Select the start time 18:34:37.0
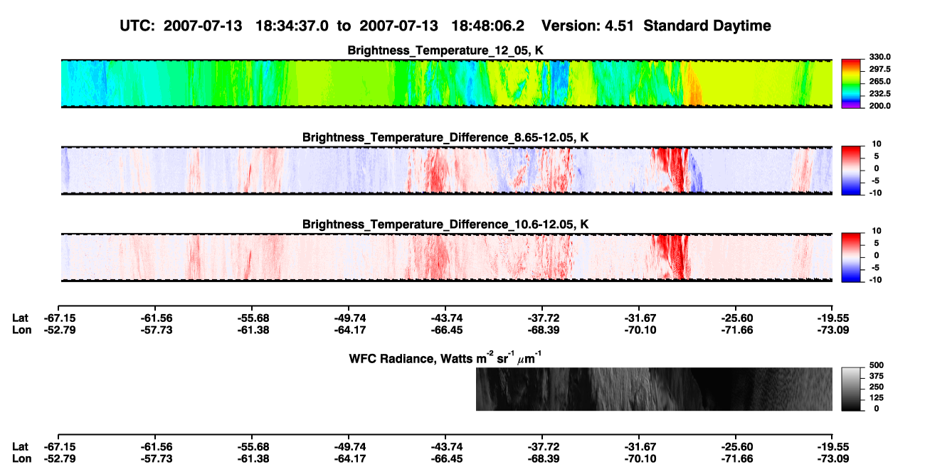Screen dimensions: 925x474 pyautogui.click(x=292, y=26)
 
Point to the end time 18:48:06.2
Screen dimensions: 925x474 pyautogui.click(x=487, y=26)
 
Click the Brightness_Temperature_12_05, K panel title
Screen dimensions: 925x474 pyautogui.click(x=445, y=50)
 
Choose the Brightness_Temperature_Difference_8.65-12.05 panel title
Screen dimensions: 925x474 pyautogui.click(x=445, y=137)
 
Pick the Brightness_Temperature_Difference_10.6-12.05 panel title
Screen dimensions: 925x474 pyautogui.click(x=445, y=225)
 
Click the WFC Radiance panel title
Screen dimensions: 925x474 pyautogui.click(x=445, y=358)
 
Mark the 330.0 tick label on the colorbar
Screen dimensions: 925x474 pyautogui.click(x=879, y=57)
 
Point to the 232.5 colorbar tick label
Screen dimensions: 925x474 pyautogui.click(x=879, y=94)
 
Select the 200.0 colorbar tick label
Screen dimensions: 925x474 pyautogui.click(x=879, y=106)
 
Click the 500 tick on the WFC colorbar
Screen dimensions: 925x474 pyautogui.click(x=877, y=365)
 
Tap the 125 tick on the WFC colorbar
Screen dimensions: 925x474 pyautogui.click(x=877, y=398)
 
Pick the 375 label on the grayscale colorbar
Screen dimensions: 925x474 pyautogui.click(x=877, y=376)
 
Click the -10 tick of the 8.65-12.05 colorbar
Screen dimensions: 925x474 pyautogui.click(x=875, y=193)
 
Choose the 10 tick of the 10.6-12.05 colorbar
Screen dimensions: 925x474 pyautogui.click(x=877, y=231)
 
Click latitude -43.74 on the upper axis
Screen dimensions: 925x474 pyautogui.click(x=446, y=318)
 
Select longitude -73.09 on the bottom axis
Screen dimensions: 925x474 pyautogui.click(x=833, y=459)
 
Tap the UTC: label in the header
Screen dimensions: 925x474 pyautogui.click(x=137, y=26)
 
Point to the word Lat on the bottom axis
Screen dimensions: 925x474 pyautogui.click(x=20, y=447)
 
